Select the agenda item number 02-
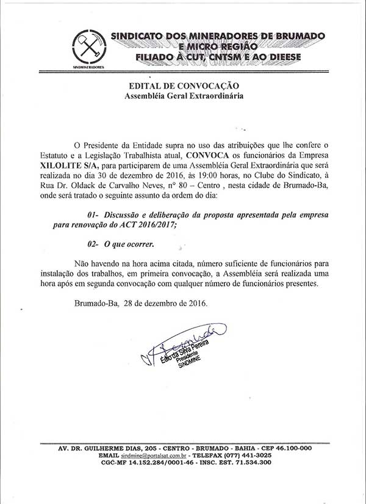click(x=93, y=244)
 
